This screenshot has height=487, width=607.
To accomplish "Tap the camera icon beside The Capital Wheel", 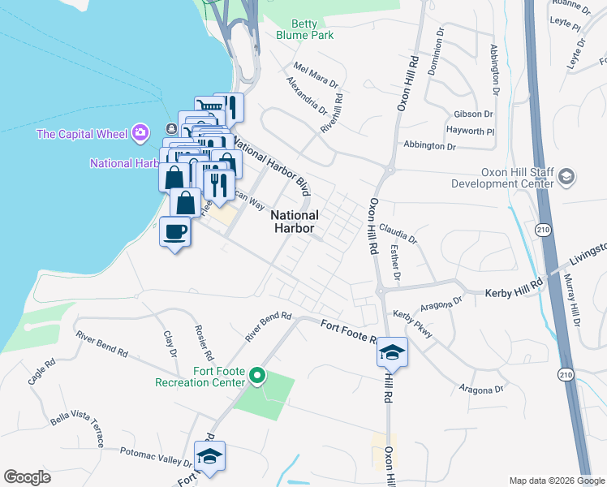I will pos(140,132).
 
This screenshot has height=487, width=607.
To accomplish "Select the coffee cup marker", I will pos(175,233).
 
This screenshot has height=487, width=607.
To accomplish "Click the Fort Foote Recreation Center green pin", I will pos(257,375).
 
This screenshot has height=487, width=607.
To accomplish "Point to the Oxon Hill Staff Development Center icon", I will pos(567,177).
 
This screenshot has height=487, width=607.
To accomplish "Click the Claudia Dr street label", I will pos(398,235).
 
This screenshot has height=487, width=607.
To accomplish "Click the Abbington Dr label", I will pos(430,146).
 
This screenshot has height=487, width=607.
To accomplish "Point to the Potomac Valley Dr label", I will pos(154,455).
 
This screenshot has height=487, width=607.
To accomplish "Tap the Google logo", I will pos(27,477).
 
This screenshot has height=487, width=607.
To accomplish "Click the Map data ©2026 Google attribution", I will pos(556,481).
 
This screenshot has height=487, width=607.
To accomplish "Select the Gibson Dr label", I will pos(475,114).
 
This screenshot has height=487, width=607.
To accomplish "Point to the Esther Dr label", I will pos(395,264).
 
